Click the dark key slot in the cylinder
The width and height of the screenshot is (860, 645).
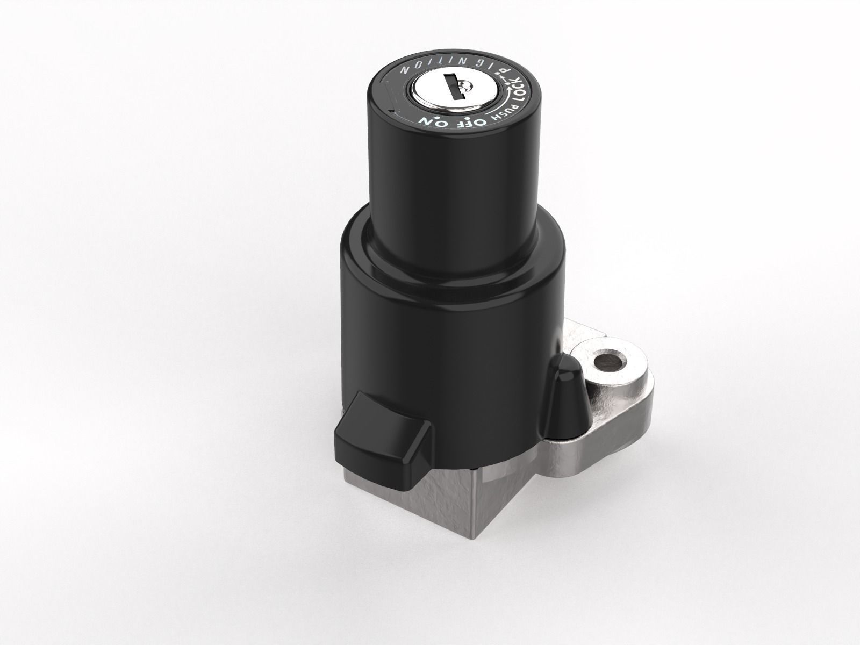pyautogui.click(x=453, y=89)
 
